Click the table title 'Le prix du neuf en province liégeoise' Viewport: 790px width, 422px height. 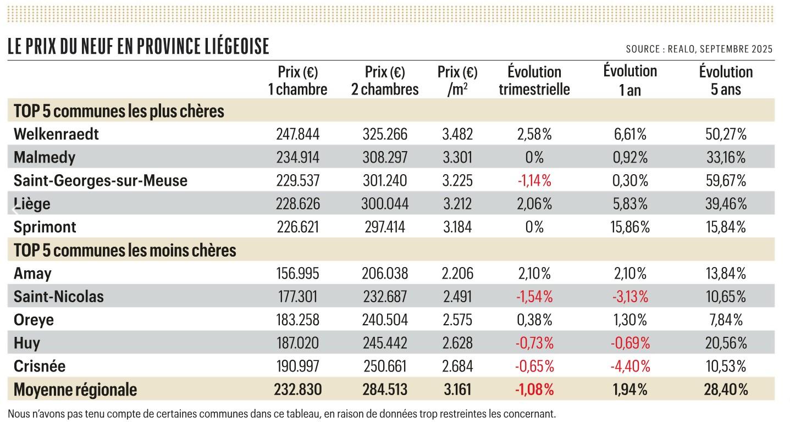click(139, 46)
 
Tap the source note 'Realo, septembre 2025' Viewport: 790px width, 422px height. click(699, 49)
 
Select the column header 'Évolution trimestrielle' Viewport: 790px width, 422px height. click(534, 80)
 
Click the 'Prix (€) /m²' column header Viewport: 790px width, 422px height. click(457, 80)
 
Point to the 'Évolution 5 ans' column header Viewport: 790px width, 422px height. click(726, 80)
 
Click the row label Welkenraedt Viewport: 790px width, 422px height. click(56, 134)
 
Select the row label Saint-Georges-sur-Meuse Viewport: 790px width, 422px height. click(101, 181)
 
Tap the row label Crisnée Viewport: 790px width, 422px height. click(40, 366)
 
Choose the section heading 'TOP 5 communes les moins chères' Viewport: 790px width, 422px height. click(125, 251)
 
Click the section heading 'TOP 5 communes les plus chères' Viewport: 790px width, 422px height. click(119, 112)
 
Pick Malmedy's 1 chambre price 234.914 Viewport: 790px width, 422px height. click(297, 158)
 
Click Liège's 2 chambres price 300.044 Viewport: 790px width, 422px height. click(385, 204)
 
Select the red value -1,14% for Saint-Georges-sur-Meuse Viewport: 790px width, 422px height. click(534, 181)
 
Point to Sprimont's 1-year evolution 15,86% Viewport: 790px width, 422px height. click(630, 227)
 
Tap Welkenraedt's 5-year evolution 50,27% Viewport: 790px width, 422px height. click(726, 134)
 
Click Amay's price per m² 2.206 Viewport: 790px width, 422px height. click(457, 274)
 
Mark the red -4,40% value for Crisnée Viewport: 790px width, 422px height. click(630, 366)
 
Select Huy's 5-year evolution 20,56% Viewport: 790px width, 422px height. click(726, 343)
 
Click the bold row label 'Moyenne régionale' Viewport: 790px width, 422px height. click(75, 390)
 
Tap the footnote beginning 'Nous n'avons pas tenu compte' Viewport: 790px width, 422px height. click(282, 413)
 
